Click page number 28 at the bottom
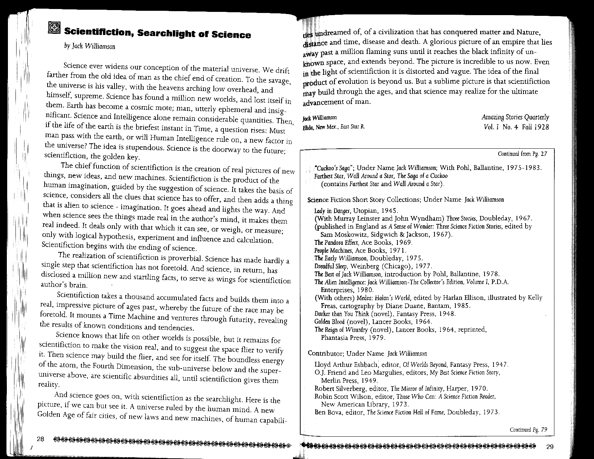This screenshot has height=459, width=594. [x=40, y=438]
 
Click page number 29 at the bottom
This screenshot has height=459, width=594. [x=549, y=447]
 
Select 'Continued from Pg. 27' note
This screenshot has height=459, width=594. [x=522, y=154]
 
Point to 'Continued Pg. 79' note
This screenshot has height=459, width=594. [x=528, y=429]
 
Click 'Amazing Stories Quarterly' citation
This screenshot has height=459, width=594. [x=515, y=117]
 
